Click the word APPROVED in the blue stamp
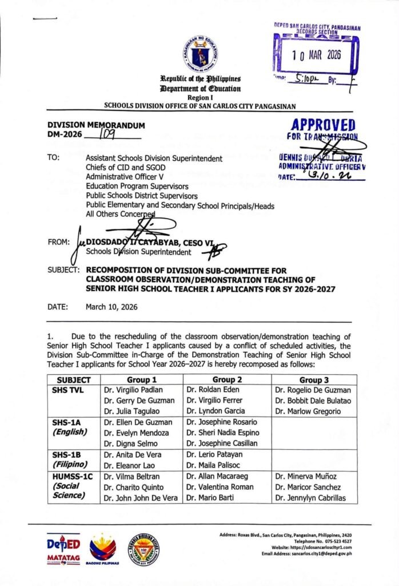(x=323, y=125)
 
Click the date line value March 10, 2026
(x=112, y=307)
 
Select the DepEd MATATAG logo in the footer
(x=63, y=550)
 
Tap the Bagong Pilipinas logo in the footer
(x=103, y=550)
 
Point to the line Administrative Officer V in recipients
(x=124, y=177)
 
